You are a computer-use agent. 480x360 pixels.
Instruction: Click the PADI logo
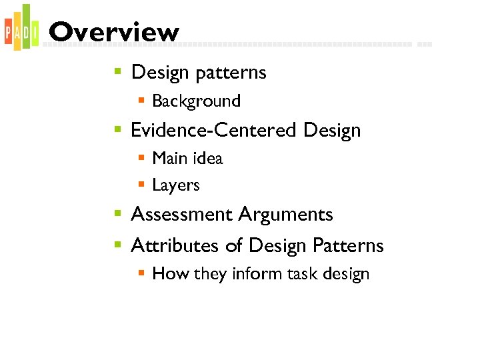click(x=20, y=28)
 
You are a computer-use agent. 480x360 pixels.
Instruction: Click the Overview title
click(x=114, y=32)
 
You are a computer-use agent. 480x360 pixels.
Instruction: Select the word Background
click(x=196, y=101)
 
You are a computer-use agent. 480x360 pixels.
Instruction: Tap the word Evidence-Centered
click(x=214, y=130)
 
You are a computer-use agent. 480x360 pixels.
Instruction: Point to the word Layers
click(x=176, y=185)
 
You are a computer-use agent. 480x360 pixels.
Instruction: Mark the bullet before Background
click(x=141, y=101)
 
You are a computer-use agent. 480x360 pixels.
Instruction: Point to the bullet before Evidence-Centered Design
click(x=117, y=130)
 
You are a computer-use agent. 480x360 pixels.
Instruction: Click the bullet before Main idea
click(x=141, y=159)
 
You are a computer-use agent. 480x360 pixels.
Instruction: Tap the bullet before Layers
click(x=141, y=185)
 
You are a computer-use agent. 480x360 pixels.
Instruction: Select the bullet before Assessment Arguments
click(x=117, y=215)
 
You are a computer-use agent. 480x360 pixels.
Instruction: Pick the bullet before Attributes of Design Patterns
click(x=117, y=245)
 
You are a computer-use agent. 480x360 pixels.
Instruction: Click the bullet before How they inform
click(x=141, y=274)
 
